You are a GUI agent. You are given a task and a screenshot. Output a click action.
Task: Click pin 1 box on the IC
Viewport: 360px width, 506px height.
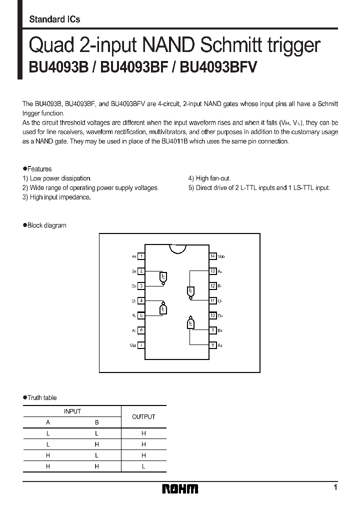click(142, 256)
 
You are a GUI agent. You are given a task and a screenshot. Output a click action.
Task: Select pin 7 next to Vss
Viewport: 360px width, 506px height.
click(142, 345)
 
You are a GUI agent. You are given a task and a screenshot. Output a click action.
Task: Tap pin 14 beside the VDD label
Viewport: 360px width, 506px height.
click(213, 256)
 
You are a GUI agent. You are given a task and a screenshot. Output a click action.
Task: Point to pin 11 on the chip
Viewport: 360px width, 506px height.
click(213, 300)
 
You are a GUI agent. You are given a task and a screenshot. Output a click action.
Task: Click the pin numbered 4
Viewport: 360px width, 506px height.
click(142, 300)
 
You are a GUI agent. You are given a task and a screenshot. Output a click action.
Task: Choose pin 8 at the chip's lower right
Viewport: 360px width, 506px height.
click(213, 345)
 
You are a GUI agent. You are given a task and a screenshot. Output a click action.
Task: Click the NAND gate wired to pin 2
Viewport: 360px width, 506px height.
click(162, 277)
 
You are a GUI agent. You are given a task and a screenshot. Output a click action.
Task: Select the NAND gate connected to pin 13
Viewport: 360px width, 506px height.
click(190, 291)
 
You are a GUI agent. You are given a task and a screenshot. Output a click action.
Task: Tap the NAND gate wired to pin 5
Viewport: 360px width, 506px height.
click(162, 308)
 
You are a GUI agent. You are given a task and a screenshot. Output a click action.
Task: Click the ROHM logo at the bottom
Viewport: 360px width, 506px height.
click(180, 488)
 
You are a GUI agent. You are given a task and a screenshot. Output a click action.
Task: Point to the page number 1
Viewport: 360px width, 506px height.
click(335, 487)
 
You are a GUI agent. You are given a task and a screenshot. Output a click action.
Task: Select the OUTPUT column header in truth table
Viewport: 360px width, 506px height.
click(143, 416)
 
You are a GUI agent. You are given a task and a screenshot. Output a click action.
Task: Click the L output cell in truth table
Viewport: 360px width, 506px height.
click(143, 466)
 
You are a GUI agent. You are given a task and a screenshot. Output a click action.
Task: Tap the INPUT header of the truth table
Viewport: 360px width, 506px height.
click(72, 411)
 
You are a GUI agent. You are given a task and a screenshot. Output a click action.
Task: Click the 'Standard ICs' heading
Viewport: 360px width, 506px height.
click(54, 19)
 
